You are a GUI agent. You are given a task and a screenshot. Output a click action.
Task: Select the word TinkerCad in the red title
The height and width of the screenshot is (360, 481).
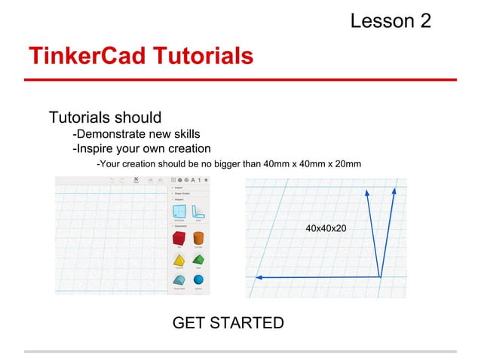point(82,56)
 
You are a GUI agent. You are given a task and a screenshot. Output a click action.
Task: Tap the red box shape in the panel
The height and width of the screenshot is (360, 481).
point(179,239)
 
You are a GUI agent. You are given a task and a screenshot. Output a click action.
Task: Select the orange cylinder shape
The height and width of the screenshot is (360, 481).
point(198,239)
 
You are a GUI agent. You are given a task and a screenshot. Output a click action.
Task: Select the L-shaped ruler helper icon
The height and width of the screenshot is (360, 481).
point(198,213)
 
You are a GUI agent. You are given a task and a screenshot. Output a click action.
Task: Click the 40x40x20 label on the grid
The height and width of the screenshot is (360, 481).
point(326,227)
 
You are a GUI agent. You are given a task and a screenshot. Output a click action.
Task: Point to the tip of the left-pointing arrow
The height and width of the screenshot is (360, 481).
point(256,278)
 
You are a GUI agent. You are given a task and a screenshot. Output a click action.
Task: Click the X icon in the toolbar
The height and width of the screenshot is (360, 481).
point(136,179)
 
